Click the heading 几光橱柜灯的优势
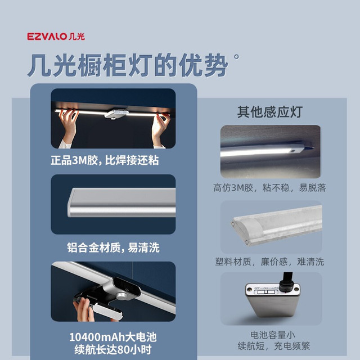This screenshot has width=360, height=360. (128, 65)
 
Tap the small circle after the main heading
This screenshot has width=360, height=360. (236, 56)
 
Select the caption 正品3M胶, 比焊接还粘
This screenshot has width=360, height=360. (105, 160)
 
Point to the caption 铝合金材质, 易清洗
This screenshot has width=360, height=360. (113, 247)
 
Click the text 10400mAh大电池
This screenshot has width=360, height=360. (113, 337)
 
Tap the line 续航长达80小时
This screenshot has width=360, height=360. (113, 350)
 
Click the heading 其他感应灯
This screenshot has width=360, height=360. (270, 112)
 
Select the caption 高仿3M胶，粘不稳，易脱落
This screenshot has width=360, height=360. (269, 188)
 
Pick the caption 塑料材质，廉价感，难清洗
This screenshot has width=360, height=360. (269, 262)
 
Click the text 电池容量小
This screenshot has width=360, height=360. (273, 335)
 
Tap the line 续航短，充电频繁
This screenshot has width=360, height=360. (274, 346)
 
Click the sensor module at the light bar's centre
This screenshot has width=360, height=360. (116, 114)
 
